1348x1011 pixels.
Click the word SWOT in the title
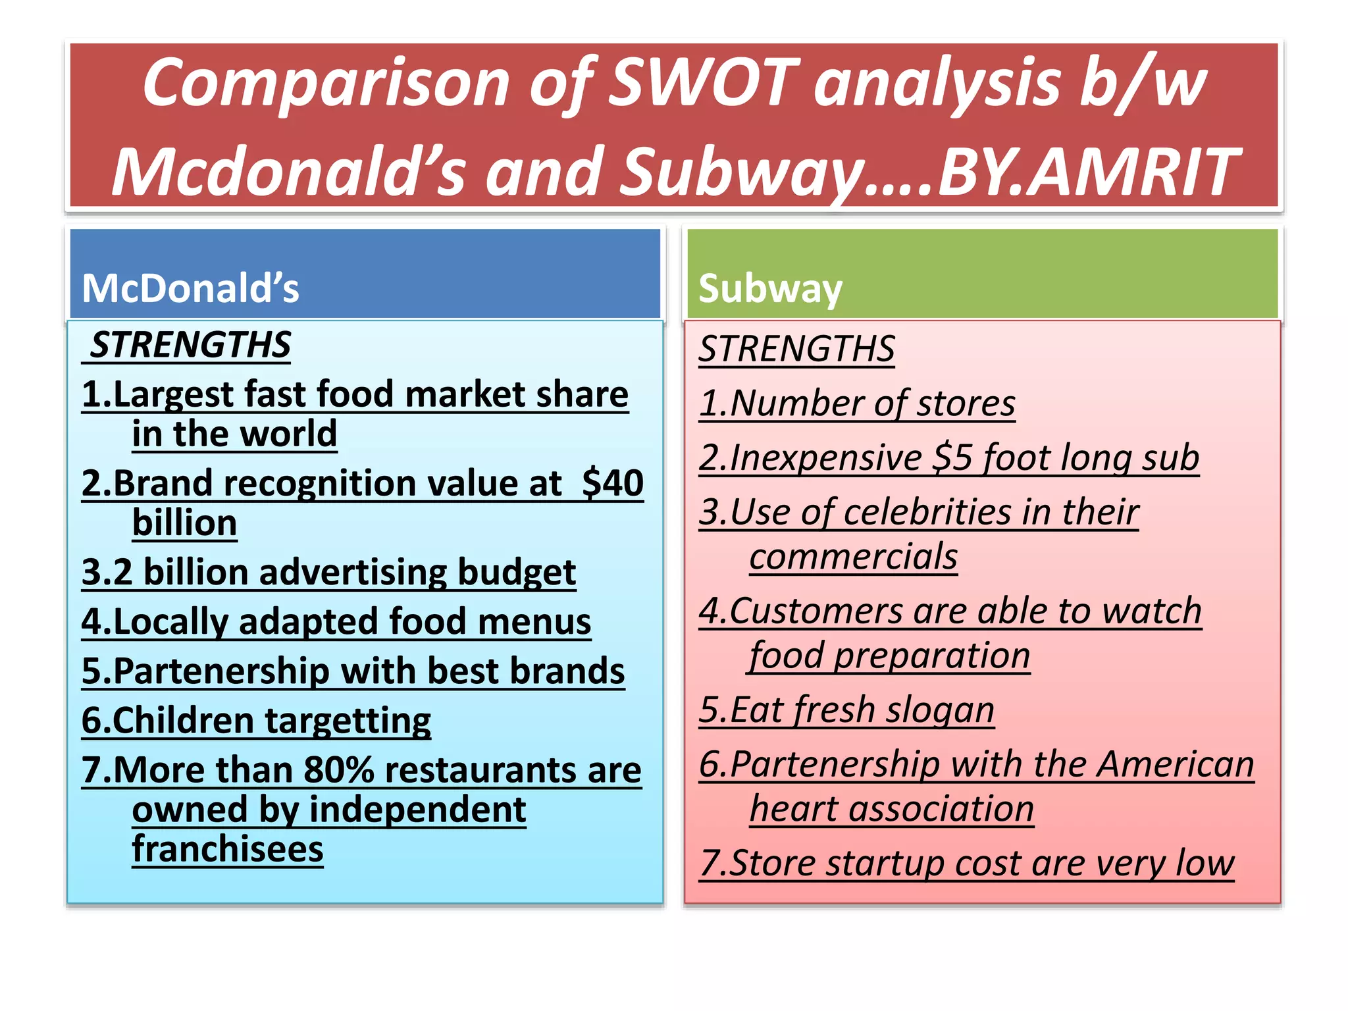(702, 84)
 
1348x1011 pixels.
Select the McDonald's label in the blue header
(190, 288)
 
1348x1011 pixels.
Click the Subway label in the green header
(770, 288)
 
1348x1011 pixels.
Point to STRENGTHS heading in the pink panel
(796, 349)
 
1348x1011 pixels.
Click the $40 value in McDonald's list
(613, 483)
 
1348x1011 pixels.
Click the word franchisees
(228, 849)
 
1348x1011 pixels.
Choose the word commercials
(854, 557)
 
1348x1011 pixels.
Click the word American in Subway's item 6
(1176, 764)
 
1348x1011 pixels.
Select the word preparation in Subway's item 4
(931, 656)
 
